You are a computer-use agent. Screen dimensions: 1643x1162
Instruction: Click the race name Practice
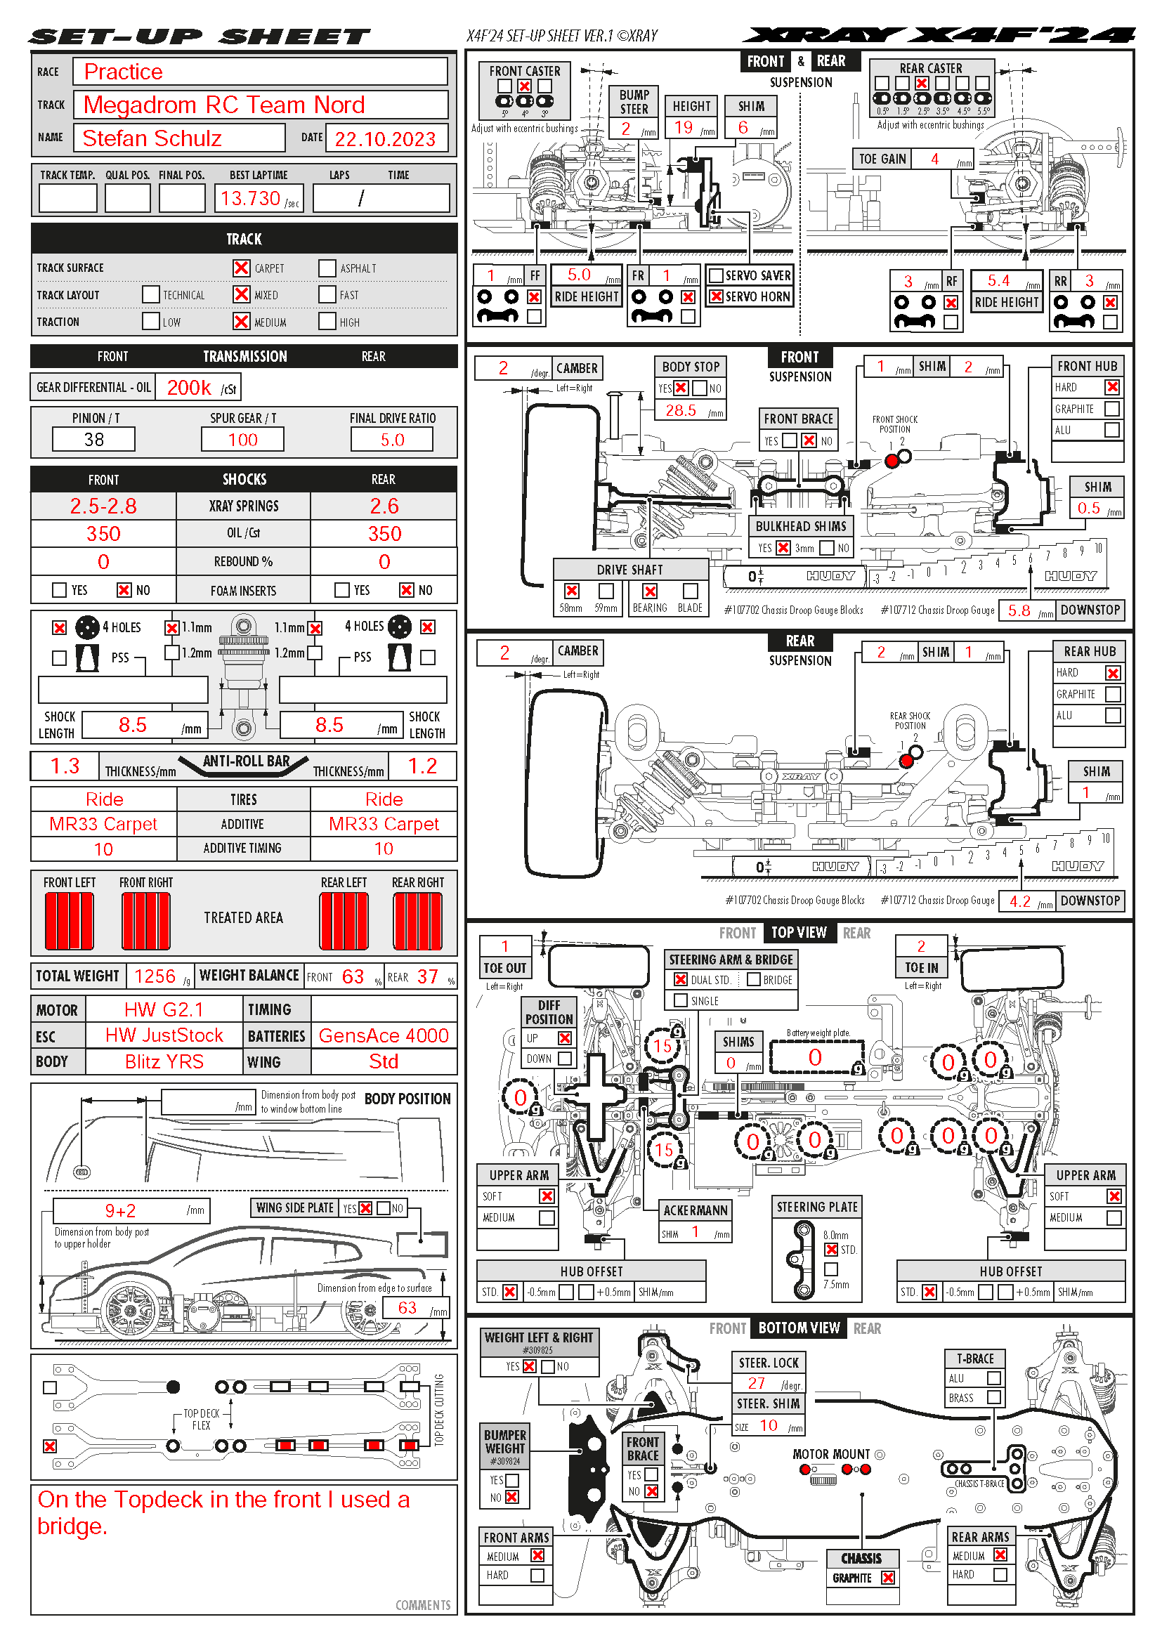pyautogui.click(x=123, y=72)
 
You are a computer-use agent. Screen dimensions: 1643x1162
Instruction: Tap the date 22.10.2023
pyautogui.click(x=385, y=139)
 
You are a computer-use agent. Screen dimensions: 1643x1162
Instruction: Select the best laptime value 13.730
pyautogui.click(x=250, y=198)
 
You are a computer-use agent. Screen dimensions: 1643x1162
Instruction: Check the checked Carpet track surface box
pyautogui.click(x=241, y=268)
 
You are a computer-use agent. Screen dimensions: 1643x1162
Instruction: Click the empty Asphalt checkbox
pyautogui.click(x=327, y=268)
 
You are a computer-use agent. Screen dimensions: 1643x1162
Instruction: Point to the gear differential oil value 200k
pyautogui.click(x=189, y=388)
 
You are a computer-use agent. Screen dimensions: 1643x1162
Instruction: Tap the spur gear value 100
pyautogui.click(x=242, y=439)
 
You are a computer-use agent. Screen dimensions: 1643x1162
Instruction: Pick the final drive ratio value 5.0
pyautogui.click(x=392, y=439)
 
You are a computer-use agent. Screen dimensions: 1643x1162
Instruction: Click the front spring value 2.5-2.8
pyautogui.click(x=103, y=506)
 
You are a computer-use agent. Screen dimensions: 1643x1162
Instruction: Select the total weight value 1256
pyautogui.click(x=155, y=976)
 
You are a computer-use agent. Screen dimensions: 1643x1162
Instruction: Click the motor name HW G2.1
pyautogui.click(x=164, y=1009)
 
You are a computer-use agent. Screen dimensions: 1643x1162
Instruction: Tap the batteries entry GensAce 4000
pyautogui.click(x=384, y=1035)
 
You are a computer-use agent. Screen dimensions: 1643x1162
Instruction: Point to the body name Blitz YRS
pyautogui.click(x=164, y=1062)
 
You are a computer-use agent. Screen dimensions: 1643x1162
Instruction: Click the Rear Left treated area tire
pyautogui.click(x=344, y=921)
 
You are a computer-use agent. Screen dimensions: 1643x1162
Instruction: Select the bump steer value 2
pyautogui.click(x=626, y=128)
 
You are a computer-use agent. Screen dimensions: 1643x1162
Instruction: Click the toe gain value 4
pyautogui.click(x=934, y=159)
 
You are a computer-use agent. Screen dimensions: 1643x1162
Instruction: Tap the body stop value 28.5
pyautogui.click(x=681, y=410)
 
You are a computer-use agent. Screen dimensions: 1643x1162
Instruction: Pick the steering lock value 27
pyautogui.click(x=757, y=1383)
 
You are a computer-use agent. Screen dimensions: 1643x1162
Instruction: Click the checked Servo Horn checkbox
pyautogui.click(x=715, y=296)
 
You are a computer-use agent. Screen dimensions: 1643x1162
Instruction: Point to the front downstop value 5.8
pyautogui.click(x=1019, y=610)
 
